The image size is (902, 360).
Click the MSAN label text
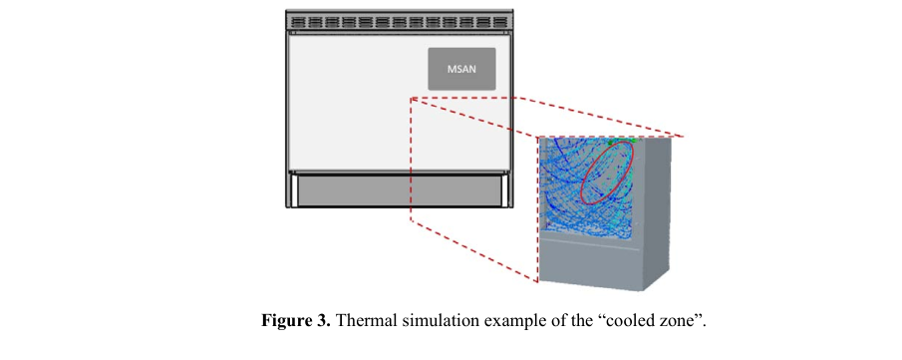pos(461,70)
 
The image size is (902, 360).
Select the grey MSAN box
pos(461,69)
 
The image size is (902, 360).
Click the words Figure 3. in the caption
pos(296,320)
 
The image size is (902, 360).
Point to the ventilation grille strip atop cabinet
pos(399,21)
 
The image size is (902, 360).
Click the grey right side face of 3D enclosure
pos(655,213)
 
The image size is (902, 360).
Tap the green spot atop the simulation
pos(633,140)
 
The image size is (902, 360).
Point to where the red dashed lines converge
pos(412,99)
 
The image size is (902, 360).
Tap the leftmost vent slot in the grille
pos(299,22)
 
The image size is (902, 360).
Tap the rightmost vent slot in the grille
pos(501,22)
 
